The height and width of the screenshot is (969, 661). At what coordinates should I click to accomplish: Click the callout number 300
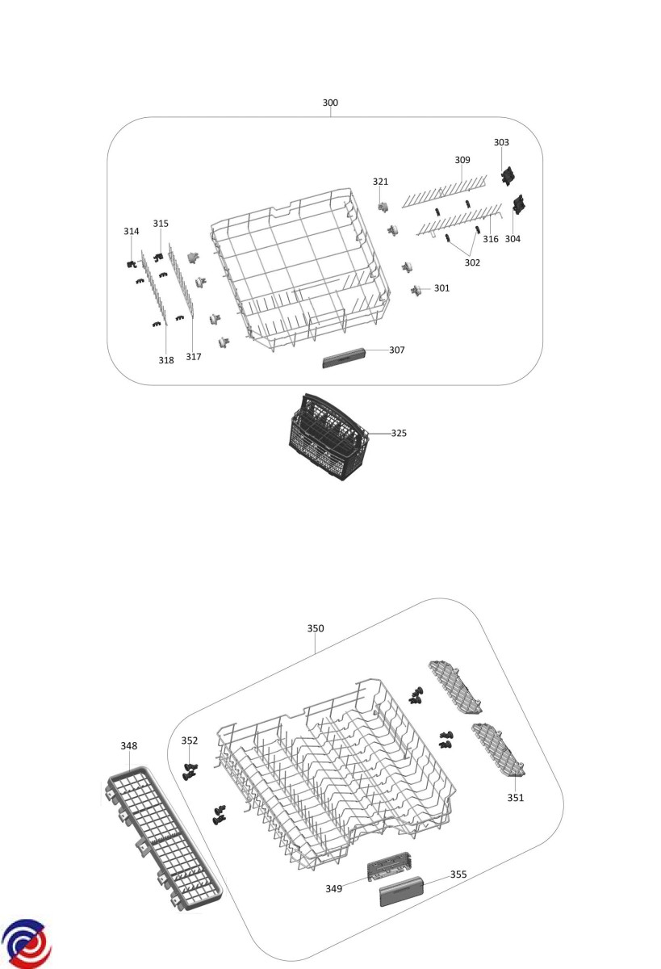click(x=330, y=103)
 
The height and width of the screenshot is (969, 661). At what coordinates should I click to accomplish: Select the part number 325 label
click(x=399, y=433)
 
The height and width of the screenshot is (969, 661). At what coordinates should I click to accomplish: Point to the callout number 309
click(x=462, y=160)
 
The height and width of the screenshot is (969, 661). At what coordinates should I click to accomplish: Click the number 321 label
click(x=380, y=182)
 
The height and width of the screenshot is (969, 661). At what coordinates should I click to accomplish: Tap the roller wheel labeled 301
click(x=416, y=290)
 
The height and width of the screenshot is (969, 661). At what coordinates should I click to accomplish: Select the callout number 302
click(x=472, y=262)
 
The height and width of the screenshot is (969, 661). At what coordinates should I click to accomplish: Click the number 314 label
click(x=131, y=231)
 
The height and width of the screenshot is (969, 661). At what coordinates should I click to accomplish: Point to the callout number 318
click(x=165, y=360)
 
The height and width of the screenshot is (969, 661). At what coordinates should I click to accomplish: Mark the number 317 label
click(x=193, y=356)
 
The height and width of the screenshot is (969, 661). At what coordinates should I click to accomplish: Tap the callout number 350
click(x=316, y=627)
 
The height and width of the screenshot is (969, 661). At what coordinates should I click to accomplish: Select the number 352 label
click(x=189, y=740)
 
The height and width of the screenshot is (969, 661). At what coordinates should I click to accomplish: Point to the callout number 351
click(x=515, y=797)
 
